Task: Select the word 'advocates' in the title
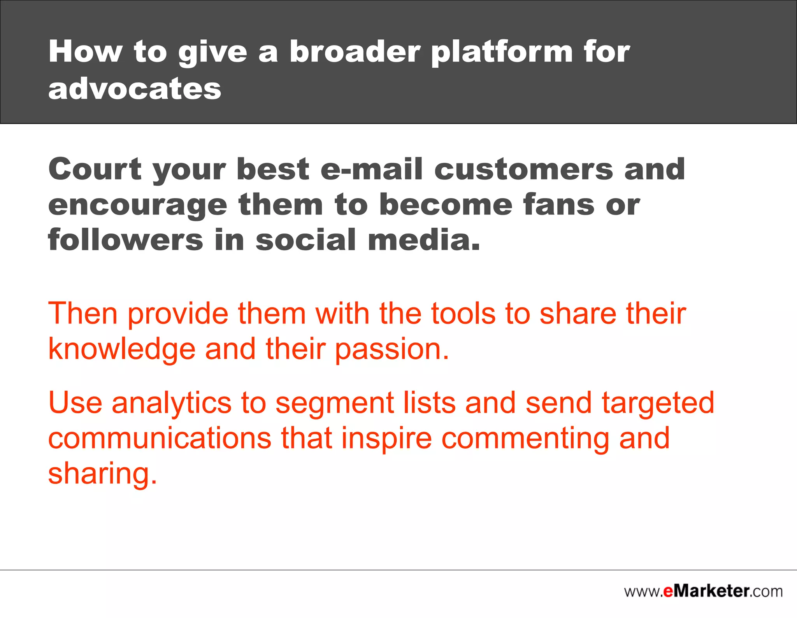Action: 135,88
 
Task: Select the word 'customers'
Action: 523,170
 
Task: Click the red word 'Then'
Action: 83,313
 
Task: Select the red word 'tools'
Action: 463,313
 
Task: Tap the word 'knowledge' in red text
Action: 121,349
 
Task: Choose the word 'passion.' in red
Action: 392,350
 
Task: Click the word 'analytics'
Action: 172,404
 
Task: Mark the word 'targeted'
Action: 658,404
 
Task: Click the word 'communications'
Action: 160,438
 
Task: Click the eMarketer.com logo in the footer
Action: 703,592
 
